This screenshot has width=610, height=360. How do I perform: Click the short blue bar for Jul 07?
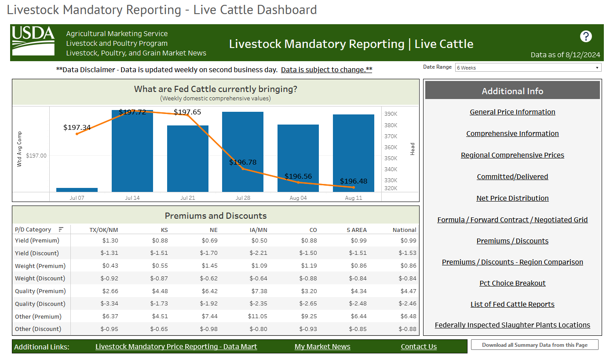[x=77, y=190]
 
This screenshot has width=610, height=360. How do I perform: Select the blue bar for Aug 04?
[x=298, y=158]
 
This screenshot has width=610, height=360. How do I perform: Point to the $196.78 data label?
[x=243, y=162]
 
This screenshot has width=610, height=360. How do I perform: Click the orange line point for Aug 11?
[x=354, y=187]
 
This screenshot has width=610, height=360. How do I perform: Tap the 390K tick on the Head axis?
[x=391, y=114]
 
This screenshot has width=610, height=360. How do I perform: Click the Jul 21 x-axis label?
[x=188, y=198]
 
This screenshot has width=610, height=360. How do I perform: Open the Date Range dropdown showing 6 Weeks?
[x=528, y=68]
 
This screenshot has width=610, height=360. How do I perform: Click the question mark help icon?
[x=586, y=37]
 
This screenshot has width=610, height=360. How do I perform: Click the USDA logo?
[x=33, y=41]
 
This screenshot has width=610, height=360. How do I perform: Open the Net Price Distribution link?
[x=512, y=198]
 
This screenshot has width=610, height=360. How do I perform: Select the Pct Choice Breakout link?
[x=512, y=283]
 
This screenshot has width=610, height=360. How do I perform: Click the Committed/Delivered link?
[x=512, y=177]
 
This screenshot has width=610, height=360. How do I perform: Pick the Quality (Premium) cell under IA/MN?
[x=259, y=291]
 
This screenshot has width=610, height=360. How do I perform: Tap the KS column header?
[x=164, y=230]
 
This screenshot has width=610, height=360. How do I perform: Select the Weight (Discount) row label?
[x=40, y=279]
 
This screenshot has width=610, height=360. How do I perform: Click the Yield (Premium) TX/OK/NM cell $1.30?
[x=110, y=241]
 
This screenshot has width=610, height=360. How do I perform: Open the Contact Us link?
[x=419, y=347]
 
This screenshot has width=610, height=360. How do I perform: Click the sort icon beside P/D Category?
[x=61, y=229]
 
